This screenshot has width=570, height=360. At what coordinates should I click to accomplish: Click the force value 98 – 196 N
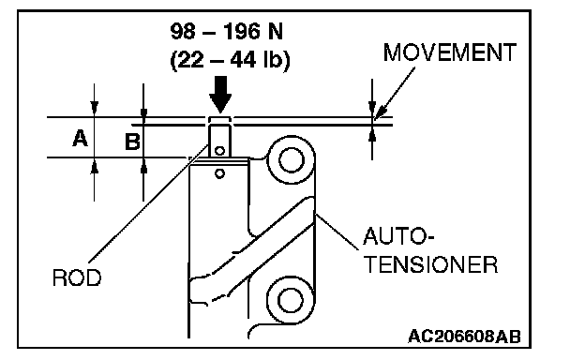(x=227, y=32)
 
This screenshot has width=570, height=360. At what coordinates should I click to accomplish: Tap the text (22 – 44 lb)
(x=230, y=60)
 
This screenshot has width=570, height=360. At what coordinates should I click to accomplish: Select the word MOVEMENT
(x=450, y=52)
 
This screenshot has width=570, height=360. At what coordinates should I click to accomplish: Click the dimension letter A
(x=80, y=138)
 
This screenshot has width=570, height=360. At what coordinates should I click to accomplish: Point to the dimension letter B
(x=132, y=142)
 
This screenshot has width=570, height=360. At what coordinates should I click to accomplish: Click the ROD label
(x=77, y=278)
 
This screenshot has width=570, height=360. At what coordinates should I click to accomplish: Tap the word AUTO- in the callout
(x=398, y=236)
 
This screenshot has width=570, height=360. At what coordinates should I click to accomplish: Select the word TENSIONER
(x=430, y=264)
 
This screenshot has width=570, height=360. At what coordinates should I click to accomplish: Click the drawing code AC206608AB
(x=464, y=337)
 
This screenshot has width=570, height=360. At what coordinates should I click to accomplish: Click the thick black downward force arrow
(x=220, y=94)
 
